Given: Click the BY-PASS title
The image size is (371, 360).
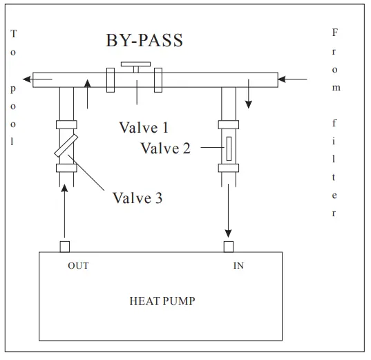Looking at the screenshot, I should [x=144, y=40].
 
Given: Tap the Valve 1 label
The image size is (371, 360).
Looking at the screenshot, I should [x=144, y=128].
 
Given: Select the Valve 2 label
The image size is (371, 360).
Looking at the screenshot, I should [x=165, y=149].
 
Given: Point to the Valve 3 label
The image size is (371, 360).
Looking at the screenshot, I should [x=137, y=198].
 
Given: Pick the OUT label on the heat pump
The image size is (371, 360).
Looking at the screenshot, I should [x=78, y=266].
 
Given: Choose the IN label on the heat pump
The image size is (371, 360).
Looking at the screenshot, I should [x=238, y=266].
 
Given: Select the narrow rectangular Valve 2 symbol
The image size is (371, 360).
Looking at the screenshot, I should [x=228, y=149].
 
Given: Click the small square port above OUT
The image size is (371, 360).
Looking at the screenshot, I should [x=64, y=247].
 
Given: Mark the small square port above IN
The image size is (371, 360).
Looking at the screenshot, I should [x=228, y=247].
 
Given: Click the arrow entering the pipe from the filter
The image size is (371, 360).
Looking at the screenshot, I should [x=293, y=79].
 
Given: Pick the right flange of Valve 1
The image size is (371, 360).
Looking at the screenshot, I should [x=158, y=79].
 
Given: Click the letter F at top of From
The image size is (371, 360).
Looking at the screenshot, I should [x=335, y=32].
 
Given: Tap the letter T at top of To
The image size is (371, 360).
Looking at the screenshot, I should [x=15, y=32].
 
